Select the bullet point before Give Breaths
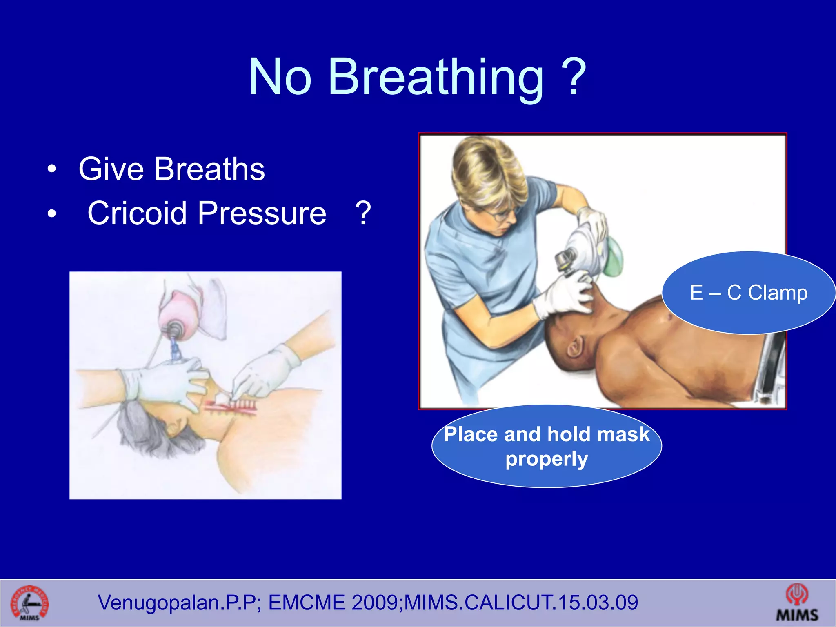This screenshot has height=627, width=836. click(x=51, y=169)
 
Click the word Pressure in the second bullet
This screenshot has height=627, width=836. click(x=262, y=213)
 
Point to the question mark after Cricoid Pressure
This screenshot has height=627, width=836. click(x=363, y=213)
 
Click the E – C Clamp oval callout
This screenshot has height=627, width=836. click(x=748, y=292)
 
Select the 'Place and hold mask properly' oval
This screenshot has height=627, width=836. click(x=546, y=446)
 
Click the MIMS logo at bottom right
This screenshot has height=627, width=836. click(x=796, y=603)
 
